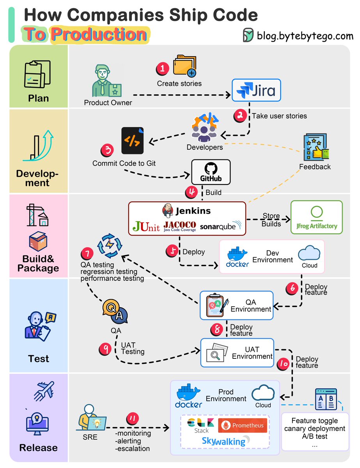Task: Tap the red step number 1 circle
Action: point(162,69)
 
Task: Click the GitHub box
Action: point(211,172)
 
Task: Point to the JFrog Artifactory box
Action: point(316,217)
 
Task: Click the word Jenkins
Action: point(192,211)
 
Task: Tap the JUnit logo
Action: point(146,226)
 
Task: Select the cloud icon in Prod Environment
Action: point(263,394)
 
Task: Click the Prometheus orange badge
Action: point(243,425)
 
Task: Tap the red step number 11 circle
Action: point(132,419)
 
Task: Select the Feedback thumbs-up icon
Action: point(315,148)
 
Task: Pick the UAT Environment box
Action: point(237,353)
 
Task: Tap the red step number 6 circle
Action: point(292,288)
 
